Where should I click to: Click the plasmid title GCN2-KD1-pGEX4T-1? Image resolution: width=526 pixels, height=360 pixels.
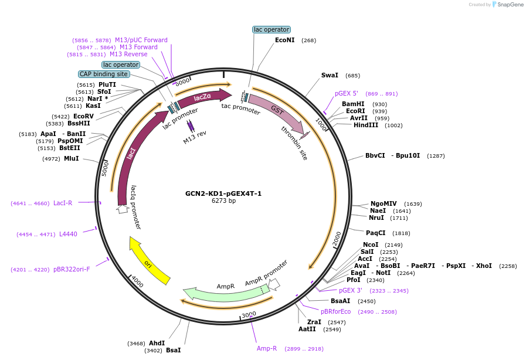tap(223, 193)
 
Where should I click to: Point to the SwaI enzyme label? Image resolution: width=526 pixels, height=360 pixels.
tap(330, 76)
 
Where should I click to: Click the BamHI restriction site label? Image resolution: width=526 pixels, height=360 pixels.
tap(353, 104)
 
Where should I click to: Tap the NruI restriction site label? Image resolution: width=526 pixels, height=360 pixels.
tap(376, 218)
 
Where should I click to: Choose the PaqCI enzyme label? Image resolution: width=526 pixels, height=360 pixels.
tap(376, 233)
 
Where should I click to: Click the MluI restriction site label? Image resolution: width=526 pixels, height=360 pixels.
tap(72, 158)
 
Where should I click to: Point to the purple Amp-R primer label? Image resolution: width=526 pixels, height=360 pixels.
tap(267, 348)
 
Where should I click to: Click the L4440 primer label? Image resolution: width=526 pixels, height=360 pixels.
tap(68, 234)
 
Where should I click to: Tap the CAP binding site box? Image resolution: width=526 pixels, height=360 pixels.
tap(104, 74)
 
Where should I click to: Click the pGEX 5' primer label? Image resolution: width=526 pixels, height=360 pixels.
tap(346, 93)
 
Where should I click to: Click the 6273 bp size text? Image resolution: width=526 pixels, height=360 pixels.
tap(223, 201)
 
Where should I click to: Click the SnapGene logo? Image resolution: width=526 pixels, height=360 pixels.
tap(508, 5)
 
